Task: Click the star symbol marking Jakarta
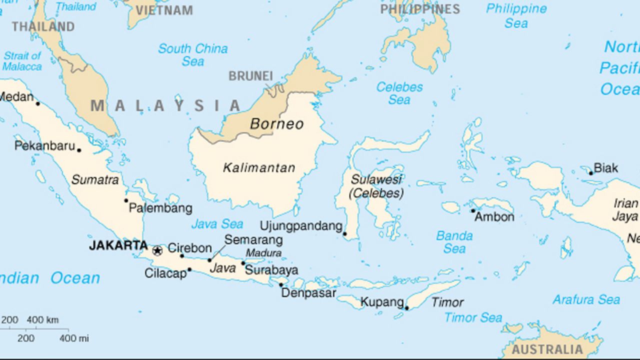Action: [157, 250]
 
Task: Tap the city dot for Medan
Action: [37, 103]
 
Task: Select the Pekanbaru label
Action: [44, 146]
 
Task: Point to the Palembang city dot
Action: [126, 200]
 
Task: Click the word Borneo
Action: [276, 124]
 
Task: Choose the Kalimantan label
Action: [259, 168]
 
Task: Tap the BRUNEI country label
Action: [250, 76]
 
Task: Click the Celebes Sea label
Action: [399, 93]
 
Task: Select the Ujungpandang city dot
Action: [344, 233]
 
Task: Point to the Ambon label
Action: [494, 217]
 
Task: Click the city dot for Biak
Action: [590, 173]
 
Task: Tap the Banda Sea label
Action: [454, 242]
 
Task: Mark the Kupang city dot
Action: [406, 308]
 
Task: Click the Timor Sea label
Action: [473, 317]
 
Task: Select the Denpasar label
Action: [308, 293]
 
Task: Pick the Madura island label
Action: [263, 253]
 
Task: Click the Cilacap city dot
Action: [189, 269]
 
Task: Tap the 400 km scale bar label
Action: [42, 320]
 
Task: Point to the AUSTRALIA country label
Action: [547, 349]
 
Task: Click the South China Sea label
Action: [193, 55]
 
